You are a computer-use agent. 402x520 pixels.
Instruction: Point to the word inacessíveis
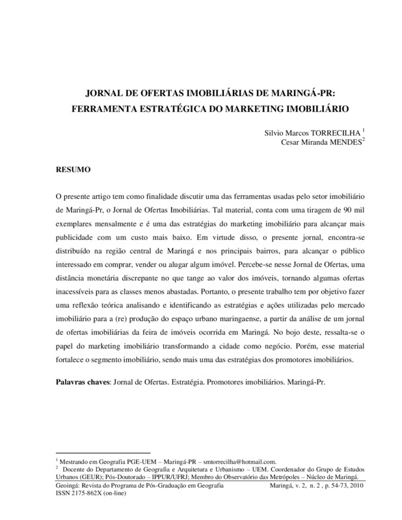79,294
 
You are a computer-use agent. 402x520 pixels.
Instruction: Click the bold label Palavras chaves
82,380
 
